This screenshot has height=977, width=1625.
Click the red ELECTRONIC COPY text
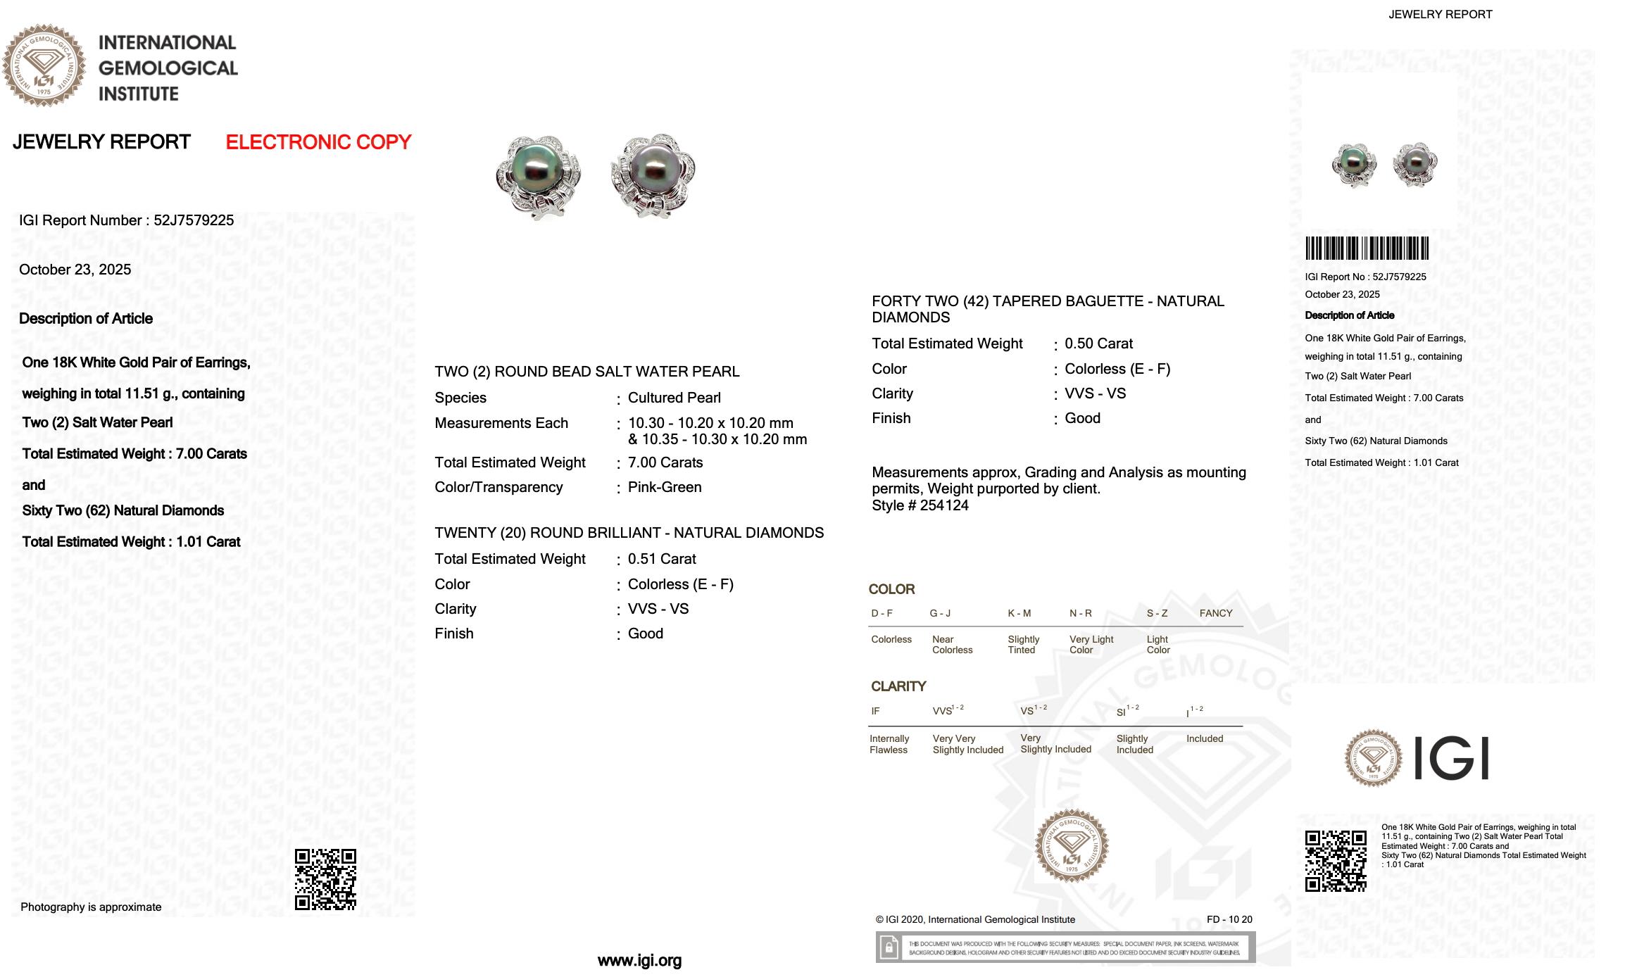tap(318, 142)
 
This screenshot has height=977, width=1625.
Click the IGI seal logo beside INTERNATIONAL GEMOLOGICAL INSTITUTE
tap(44, 65)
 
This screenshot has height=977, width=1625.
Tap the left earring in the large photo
tap(538, 176)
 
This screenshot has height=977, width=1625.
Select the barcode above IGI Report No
tap(1367, 248)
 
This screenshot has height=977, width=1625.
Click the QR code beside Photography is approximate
tap(325, 879)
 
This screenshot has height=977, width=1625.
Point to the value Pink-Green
tap(665, 487)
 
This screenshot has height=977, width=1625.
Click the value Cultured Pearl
tap(674, 398)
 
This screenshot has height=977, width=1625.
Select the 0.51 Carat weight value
tap(662, 559)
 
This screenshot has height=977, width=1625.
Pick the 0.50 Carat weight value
tap(1098, 343)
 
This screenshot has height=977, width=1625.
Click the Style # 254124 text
tap(920, 505)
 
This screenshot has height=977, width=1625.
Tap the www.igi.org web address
tap(639, 961)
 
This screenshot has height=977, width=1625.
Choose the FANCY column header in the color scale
tap(1216, 613)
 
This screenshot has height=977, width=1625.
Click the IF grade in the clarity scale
tap(875, 711)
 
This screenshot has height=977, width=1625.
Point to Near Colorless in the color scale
tap(952, 645)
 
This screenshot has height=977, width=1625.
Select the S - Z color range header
tap(1157, 613)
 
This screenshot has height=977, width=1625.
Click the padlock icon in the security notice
tap(889, 947)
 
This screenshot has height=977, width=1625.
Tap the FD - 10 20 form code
tap(1229, 919)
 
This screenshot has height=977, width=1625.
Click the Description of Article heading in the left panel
tap(86, 319)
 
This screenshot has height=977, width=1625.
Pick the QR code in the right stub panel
tap(1336, 861)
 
